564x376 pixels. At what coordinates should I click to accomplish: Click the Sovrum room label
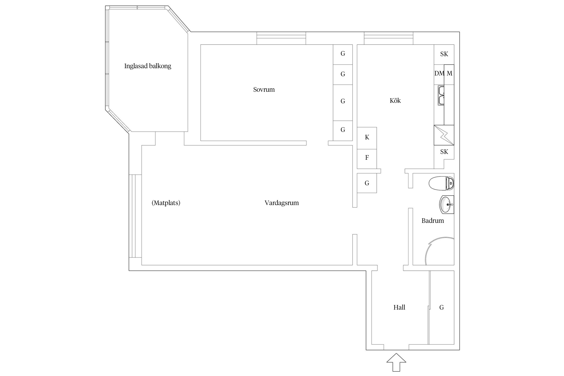pos(264,89)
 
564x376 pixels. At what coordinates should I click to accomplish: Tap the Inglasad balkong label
pos(148,66)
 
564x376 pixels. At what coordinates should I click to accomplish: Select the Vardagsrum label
pos(281,203)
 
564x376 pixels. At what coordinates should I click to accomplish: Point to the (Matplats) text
pos(166,203)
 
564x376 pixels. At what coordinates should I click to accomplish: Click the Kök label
pos(395,101)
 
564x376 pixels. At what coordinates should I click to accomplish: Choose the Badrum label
pos(433,221)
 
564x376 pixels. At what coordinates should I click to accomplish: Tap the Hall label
pos(399,307)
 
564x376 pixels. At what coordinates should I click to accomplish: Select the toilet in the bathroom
pos(441,183)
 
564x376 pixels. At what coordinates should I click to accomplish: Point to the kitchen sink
pos(441,95)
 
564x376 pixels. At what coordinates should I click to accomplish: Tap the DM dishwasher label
pos(439,73)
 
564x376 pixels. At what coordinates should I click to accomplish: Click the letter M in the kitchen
pos(449,73)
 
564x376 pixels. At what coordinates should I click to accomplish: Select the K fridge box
pos(367,138)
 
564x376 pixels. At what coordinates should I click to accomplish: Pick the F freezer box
pos(367,158)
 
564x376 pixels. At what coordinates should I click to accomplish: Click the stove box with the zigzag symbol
pos(444,135)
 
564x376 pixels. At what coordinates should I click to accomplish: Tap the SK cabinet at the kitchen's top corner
pos(444,54)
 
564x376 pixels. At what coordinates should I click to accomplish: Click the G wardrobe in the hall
pos(442,307)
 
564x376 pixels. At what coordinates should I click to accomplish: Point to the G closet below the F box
pos(367,183)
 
